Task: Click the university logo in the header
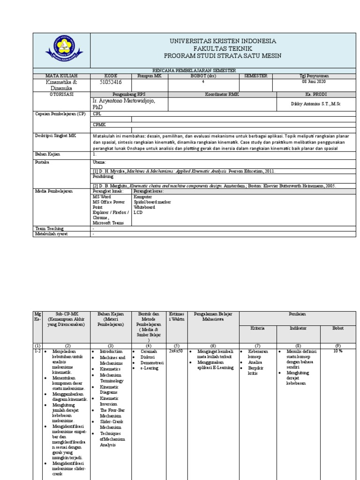(62, 50)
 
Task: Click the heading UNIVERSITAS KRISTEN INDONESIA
(223, 41)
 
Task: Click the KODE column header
(111, 75)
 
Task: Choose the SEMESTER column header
(255, 75)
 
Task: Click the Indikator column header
(298, 329)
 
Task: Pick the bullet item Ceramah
(148, 351)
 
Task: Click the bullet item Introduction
(112, 351)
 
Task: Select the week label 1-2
(37, 351)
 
